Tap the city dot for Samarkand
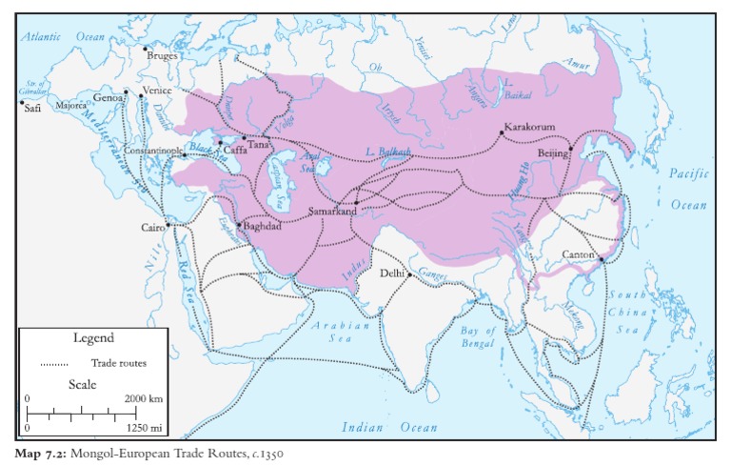(x=356, y=202)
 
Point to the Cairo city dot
(x=168, y=225)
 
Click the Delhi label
(x=392, y=274)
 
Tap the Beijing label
(x=552, y=152)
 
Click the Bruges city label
(x=163, y=56)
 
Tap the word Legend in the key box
(x=93, y=338)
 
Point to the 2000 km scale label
(x=144, y=397)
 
